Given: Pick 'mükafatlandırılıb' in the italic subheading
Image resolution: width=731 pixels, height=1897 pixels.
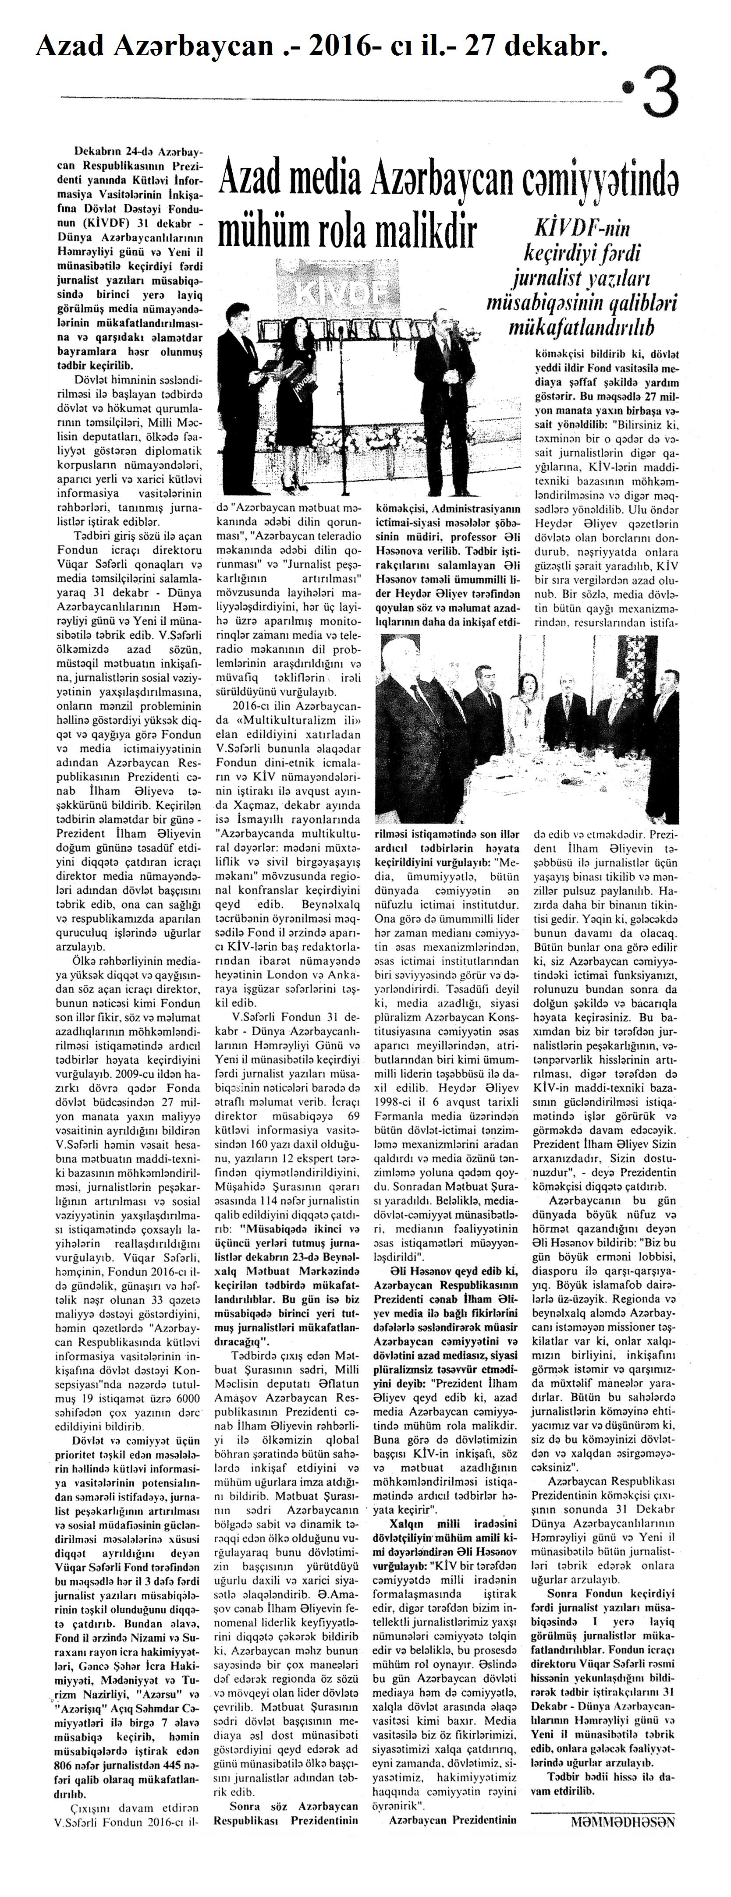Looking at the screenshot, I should click(x=582, y=327).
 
